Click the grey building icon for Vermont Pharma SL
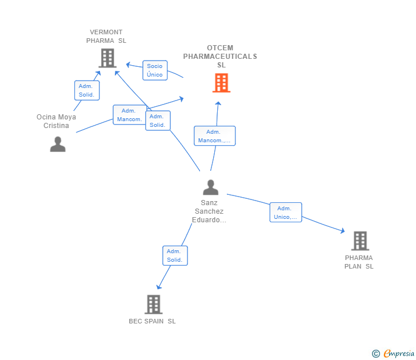coord(107,58)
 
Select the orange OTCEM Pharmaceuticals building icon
coord(221,83)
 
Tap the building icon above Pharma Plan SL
coord(359,241)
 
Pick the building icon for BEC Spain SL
coord(153,304)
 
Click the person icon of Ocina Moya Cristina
coord(58,144)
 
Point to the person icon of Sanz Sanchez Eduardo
coord(210,187)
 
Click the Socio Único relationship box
coord(154,70)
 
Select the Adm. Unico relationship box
coord(285,213)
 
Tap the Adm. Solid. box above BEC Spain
coord(174,255)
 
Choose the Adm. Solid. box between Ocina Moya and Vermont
coord(87,90)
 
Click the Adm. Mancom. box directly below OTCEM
coord(214,136)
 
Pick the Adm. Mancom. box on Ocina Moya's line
coord(129,115)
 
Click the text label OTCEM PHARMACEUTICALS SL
coord(220,57)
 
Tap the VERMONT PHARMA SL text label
coord(106,37)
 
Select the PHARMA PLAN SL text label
coord(359,262)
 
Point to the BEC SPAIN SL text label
coord(152,321)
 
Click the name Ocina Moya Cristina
coord(56,121)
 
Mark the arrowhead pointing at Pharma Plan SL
coord(342,231)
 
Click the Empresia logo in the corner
coord(399,354)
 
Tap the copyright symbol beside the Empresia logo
coord(376,354)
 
